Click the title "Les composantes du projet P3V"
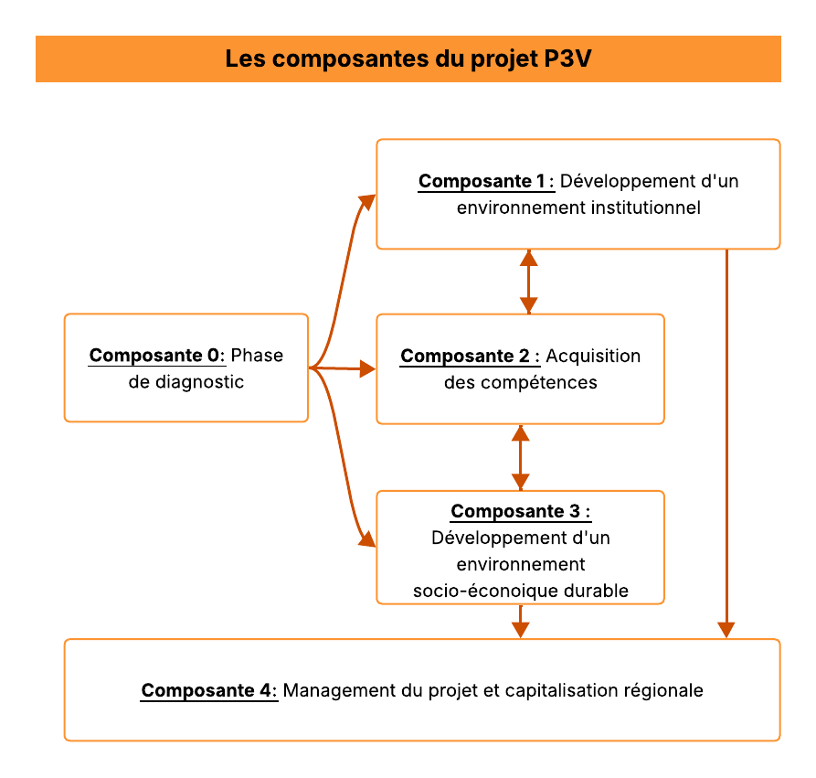tap(408, 59)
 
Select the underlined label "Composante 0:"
tap(156, 356)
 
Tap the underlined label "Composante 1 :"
tap(486, 181)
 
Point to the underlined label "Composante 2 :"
tap(470, 356)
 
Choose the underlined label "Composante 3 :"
tap(520, 511)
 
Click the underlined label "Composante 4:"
tap(208, 690)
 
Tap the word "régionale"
tap(665, 690)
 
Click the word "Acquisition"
tap(593, 356)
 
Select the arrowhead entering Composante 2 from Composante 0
tap(367, 369)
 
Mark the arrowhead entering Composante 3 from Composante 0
tap(366, 538)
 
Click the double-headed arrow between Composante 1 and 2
tap(528, 282)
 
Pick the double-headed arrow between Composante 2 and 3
tap(520, 457)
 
